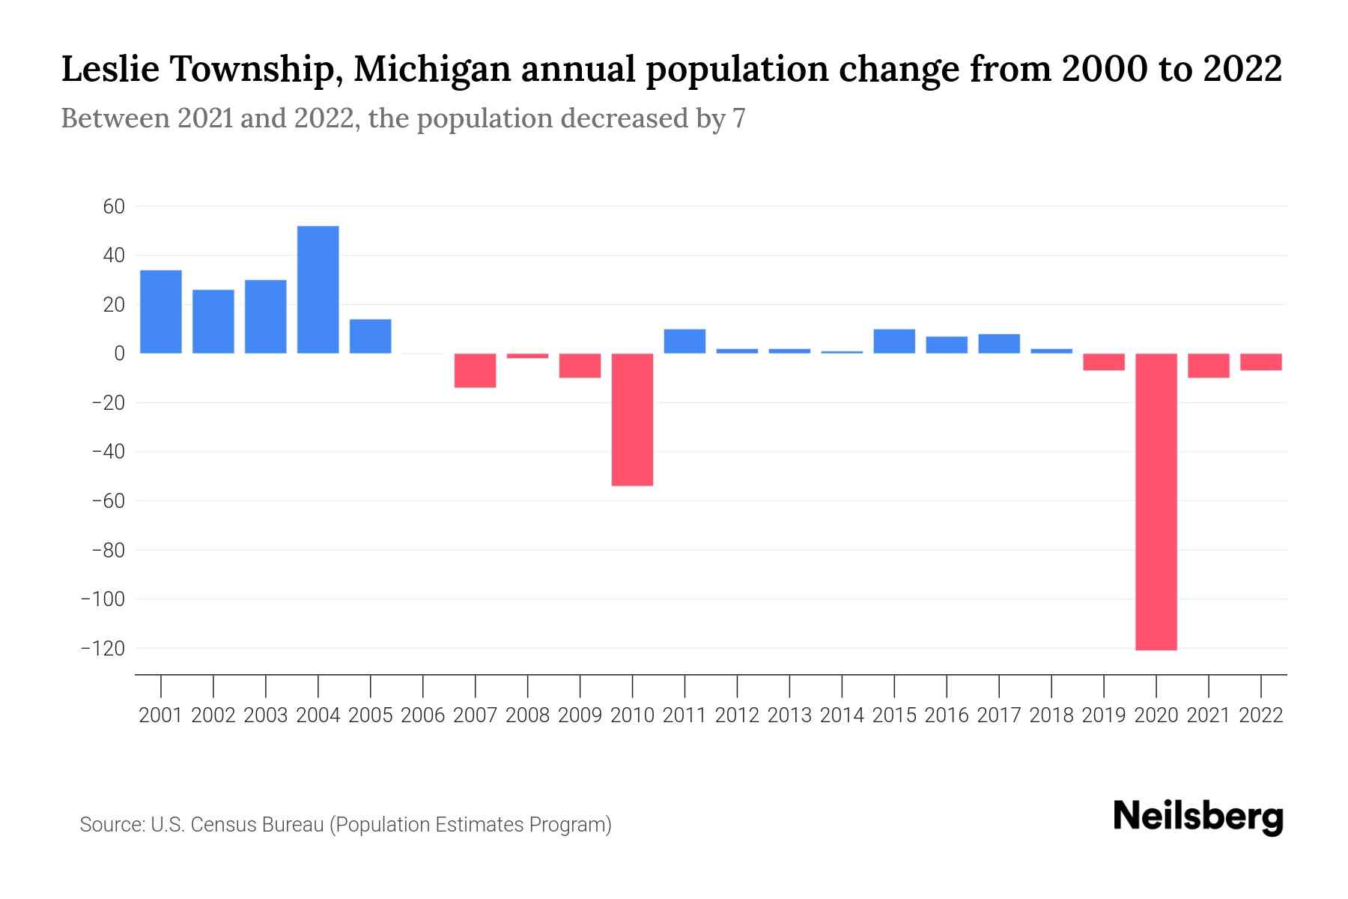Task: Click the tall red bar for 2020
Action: pyautogui.click(x=1156, y=502)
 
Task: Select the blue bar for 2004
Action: pyautogui.click(x=318, y=290)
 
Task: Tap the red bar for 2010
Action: pyautogui.click(x=632, y=420)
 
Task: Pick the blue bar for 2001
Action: pyautogui.click(x=161, y=312)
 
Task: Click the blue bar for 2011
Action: pyautogui.click(x=684, y=342)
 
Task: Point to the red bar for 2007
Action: pyautogui.click(x=475, y=371)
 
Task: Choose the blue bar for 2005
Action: pyautogui.click(x=370, y=336)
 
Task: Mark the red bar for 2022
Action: pyautogui.click(x=1260, y=362)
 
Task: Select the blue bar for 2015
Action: pyautogui.click(x=894, y=342)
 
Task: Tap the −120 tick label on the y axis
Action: pyautogui.click(x=103, y=649)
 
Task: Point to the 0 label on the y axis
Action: pyautogui.click(x=119, y=354)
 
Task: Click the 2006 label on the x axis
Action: pyautogui.click(x=422, y=715)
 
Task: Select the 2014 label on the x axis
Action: pyautogui.click(x=842, y=715)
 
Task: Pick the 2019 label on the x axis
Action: pyautogui.click(x=1103, y=715)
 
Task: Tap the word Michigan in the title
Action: pyautogui.click(x=433, y=70)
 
